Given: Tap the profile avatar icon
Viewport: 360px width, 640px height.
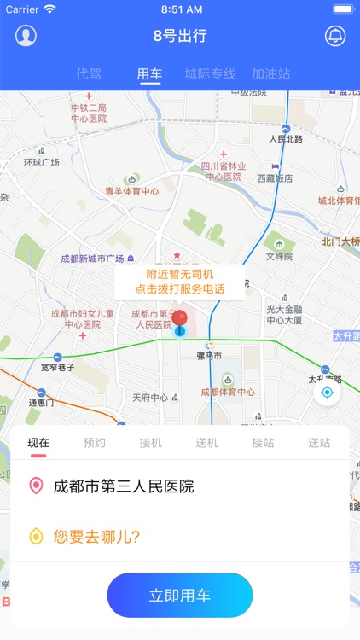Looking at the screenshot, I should [x=26, y=36].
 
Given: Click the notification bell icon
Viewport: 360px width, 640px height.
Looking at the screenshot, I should [x=335, y=36].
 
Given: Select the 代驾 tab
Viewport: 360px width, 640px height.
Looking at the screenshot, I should [x=89, y=74].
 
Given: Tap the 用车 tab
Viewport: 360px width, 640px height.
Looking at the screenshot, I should [x=149, y=74].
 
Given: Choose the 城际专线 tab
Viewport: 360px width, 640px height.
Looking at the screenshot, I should [x=210, y=74].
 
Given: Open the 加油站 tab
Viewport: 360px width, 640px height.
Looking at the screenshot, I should [x=270, y=74].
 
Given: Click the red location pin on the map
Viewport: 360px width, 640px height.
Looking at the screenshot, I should [x=179, y=321].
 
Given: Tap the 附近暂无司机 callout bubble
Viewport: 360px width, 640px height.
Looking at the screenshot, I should [x=180, y=282].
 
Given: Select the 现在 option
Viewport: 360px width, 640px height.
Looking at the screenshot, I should [x=38, y=443].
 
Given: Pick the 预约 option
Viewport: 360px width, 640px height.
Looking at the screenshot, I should [x=95, y=443].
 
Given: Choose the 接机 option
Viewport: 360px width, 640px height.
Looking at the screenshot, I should [x=151, y=443].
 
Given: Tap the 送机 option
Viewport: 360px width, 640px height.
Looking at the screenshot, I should [x=207, y=443].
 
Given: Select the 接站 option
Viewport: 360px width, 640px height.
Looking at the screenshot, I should [x=263, y=443].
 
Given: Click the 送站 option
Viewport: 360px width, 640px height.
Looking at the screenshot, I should [x=319, y=443].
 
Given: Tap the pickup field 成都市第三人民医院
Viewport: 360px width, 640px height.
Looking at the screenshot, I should [x=124, y=486].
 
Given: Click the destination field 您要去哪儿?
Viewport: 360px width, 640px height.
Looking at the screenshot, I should [x=96, y=537].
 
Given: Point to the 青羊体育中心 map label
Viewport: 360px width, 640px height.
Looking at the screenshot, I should [x=131, y=191].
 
